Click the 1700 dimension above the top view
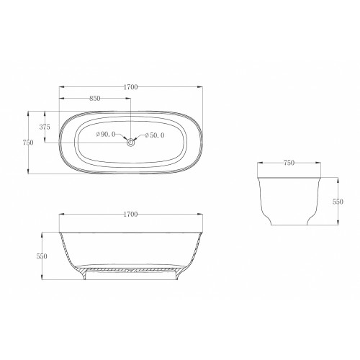130,87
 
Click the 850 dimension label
95,99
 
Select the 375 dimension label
45,127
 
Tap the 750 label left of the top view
28,143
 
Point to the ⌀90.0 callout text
106,135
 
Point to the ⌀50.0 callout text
155,135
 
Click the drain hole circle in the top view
131,143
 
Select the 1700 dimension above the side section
130,215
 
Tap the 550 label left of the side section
42,256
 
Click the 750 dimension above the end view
289,163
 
